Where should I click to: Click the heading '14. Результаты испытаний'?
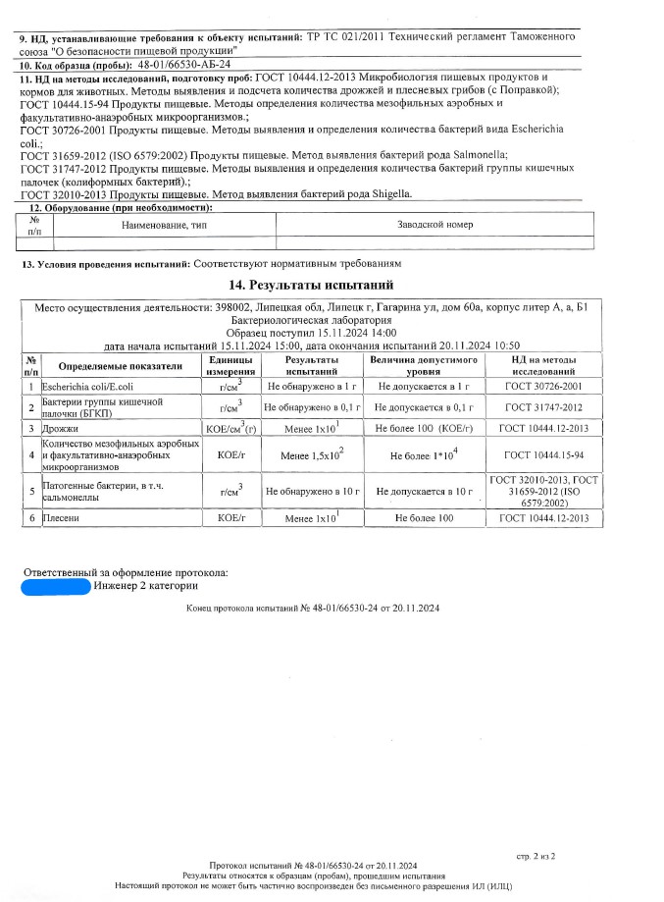310,286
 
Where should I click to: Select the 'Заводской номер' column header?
434,225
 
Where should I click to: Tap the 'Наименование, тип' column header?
164,225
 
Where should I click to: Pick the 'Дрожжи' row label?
62,429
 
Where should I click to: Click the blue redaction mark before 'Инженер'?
57,586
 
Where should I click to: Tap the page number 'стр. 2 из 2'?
536,855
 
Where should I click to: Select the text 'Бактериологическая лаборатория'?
310,320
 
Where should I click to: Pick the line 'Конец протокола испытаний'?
313,610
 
